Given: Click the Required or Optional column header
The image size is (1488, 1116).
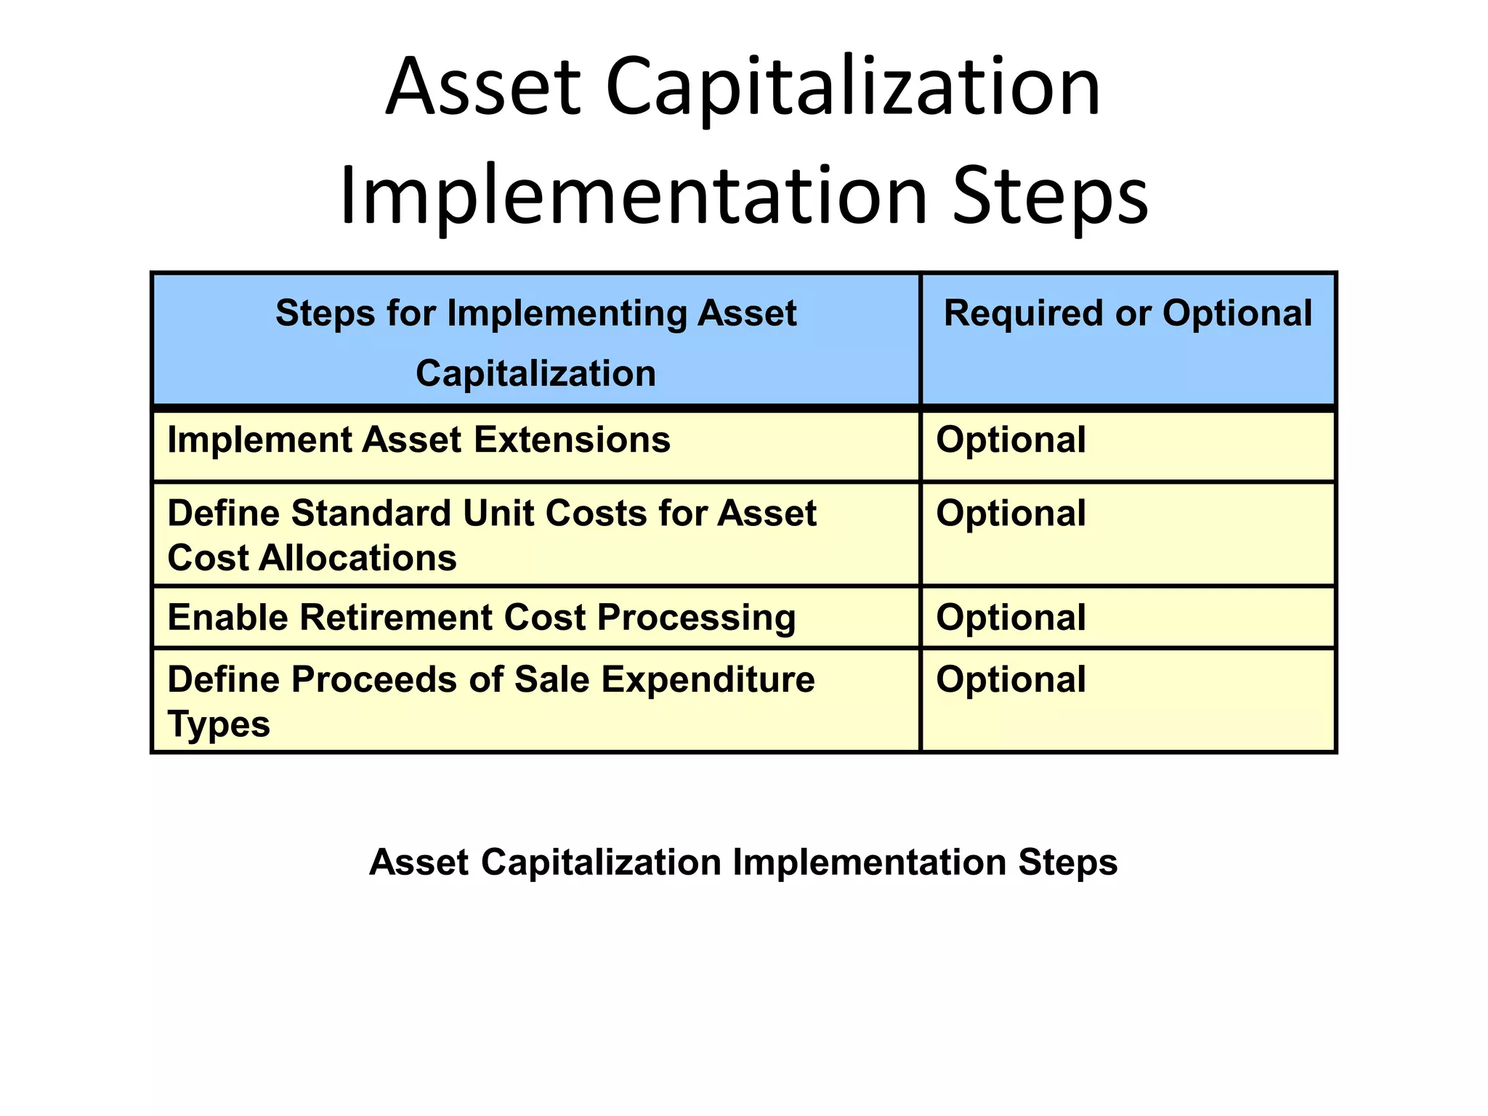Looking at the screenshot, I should [x=1128, y=314].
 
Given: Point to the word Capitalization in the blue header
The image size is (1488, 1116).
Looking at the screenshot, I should [x=535, y=373].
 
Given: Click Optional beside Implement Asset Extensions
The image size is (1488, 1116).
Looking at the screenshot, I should [x=1011, y=440].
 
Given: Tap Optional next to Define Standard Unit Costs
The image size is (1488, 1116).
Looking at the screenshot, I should [x=1011, y=514].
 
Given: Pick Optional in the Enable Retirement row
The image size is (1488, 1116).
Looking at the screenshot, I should [x=1011, y=618].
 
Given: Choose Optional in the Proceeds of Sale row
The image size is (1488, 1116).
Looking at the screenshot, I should [x=1011, y=680].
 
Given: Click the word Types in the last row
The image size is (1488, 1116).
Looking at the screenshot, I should [x=218, y=725].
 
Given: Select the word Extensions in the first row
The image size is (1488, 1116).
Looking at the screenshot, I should [x=572, y=440].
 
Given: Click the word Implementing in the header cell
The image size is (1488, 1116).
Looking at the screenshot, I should [x=567, y=314].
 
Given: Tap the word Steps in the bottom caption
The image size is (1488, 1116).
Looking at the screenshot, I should [x=1067, y=863].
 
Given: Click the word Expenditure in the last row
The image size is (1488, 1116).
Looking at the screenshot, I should [x=708, y=680].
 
